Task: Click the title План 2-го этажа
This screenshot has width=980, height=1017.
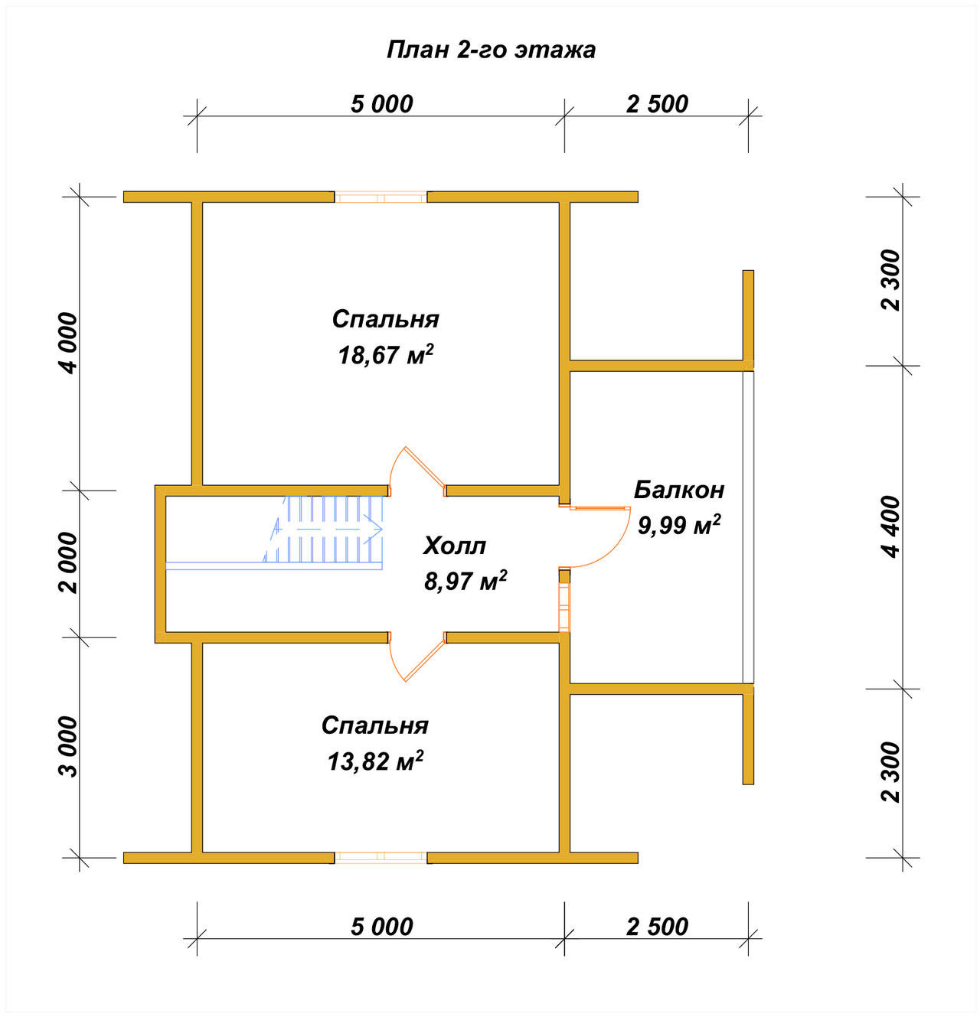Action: click(x=491, y=51)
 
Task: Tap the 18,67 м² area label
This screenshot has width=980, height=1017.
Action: click(x=385, y=355)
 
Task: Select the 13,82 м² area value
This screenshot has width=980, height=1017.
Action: click(x=375, y=761)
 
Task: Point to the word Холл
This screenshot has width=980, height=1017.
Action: click(x=455, y=546)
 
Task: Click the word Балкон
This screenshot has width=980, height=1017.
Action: click(x=679, y=490)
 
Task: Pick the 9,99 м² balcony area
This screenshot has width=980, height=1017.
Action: click(x=679, y=525)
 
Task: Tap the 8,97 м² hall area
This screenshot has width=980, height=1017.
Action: click(x=465, y=581)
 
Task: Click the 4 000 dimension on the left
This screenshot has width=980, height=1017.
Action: click(x=68, y=344)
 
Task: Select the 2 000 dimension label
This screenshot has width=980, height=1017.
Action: click(x=68, y=563)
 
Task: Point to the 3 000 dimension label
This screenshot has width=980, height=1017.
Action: click(x=68, y=746)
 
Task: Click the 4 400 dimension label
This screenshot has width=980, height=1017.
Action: click(x=891, y=526)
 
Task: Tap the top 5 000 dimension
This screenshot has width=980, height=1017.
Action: click(x=381, y=104)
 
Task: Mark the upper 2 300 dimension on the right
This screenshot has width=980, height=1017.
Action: click(x=891, y=281)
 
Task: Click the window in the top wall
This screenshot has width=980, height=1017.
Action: click(x=381, y=197)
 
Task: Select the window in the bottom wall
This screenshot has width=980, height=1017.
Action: click(x=381, y=857)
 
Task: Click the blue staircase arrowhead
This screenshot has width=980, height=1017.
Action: click(x=374, y=529)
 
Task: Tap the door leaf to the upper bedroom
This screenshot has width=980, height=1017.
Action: click(x=425, y=466)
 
